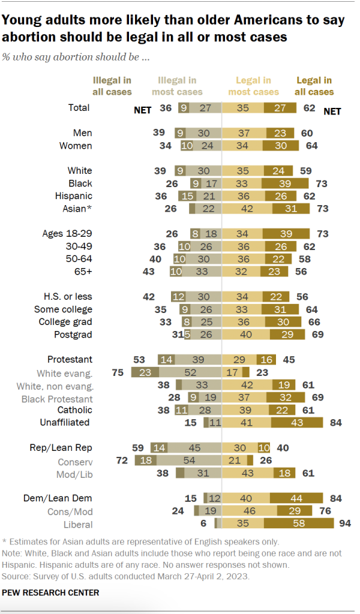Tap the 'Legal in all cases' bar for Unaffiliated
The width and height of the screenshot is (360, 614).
[x=298, y=422]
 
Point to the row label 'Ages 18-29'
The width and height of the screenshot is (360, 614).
[x=67, y=234]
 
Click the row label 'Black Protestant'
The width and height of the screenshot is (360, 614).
[x=57, y=398]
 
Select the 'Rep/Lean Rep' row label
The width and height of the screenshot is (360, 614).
[x=61, y=447]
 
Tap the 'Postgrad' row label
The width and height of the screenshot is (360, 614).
[x=73, y=335]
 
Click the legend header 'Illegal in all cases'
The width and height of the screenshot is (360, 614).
[x=112, y=86]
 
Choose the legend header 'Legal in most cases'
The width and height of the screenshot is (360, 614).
[x=253, y=86]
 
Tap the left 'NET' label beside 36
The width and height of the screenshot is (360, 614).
[x=142, y=109]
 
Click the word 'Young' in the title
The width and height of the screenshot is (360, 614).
[x=22, y=20]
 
